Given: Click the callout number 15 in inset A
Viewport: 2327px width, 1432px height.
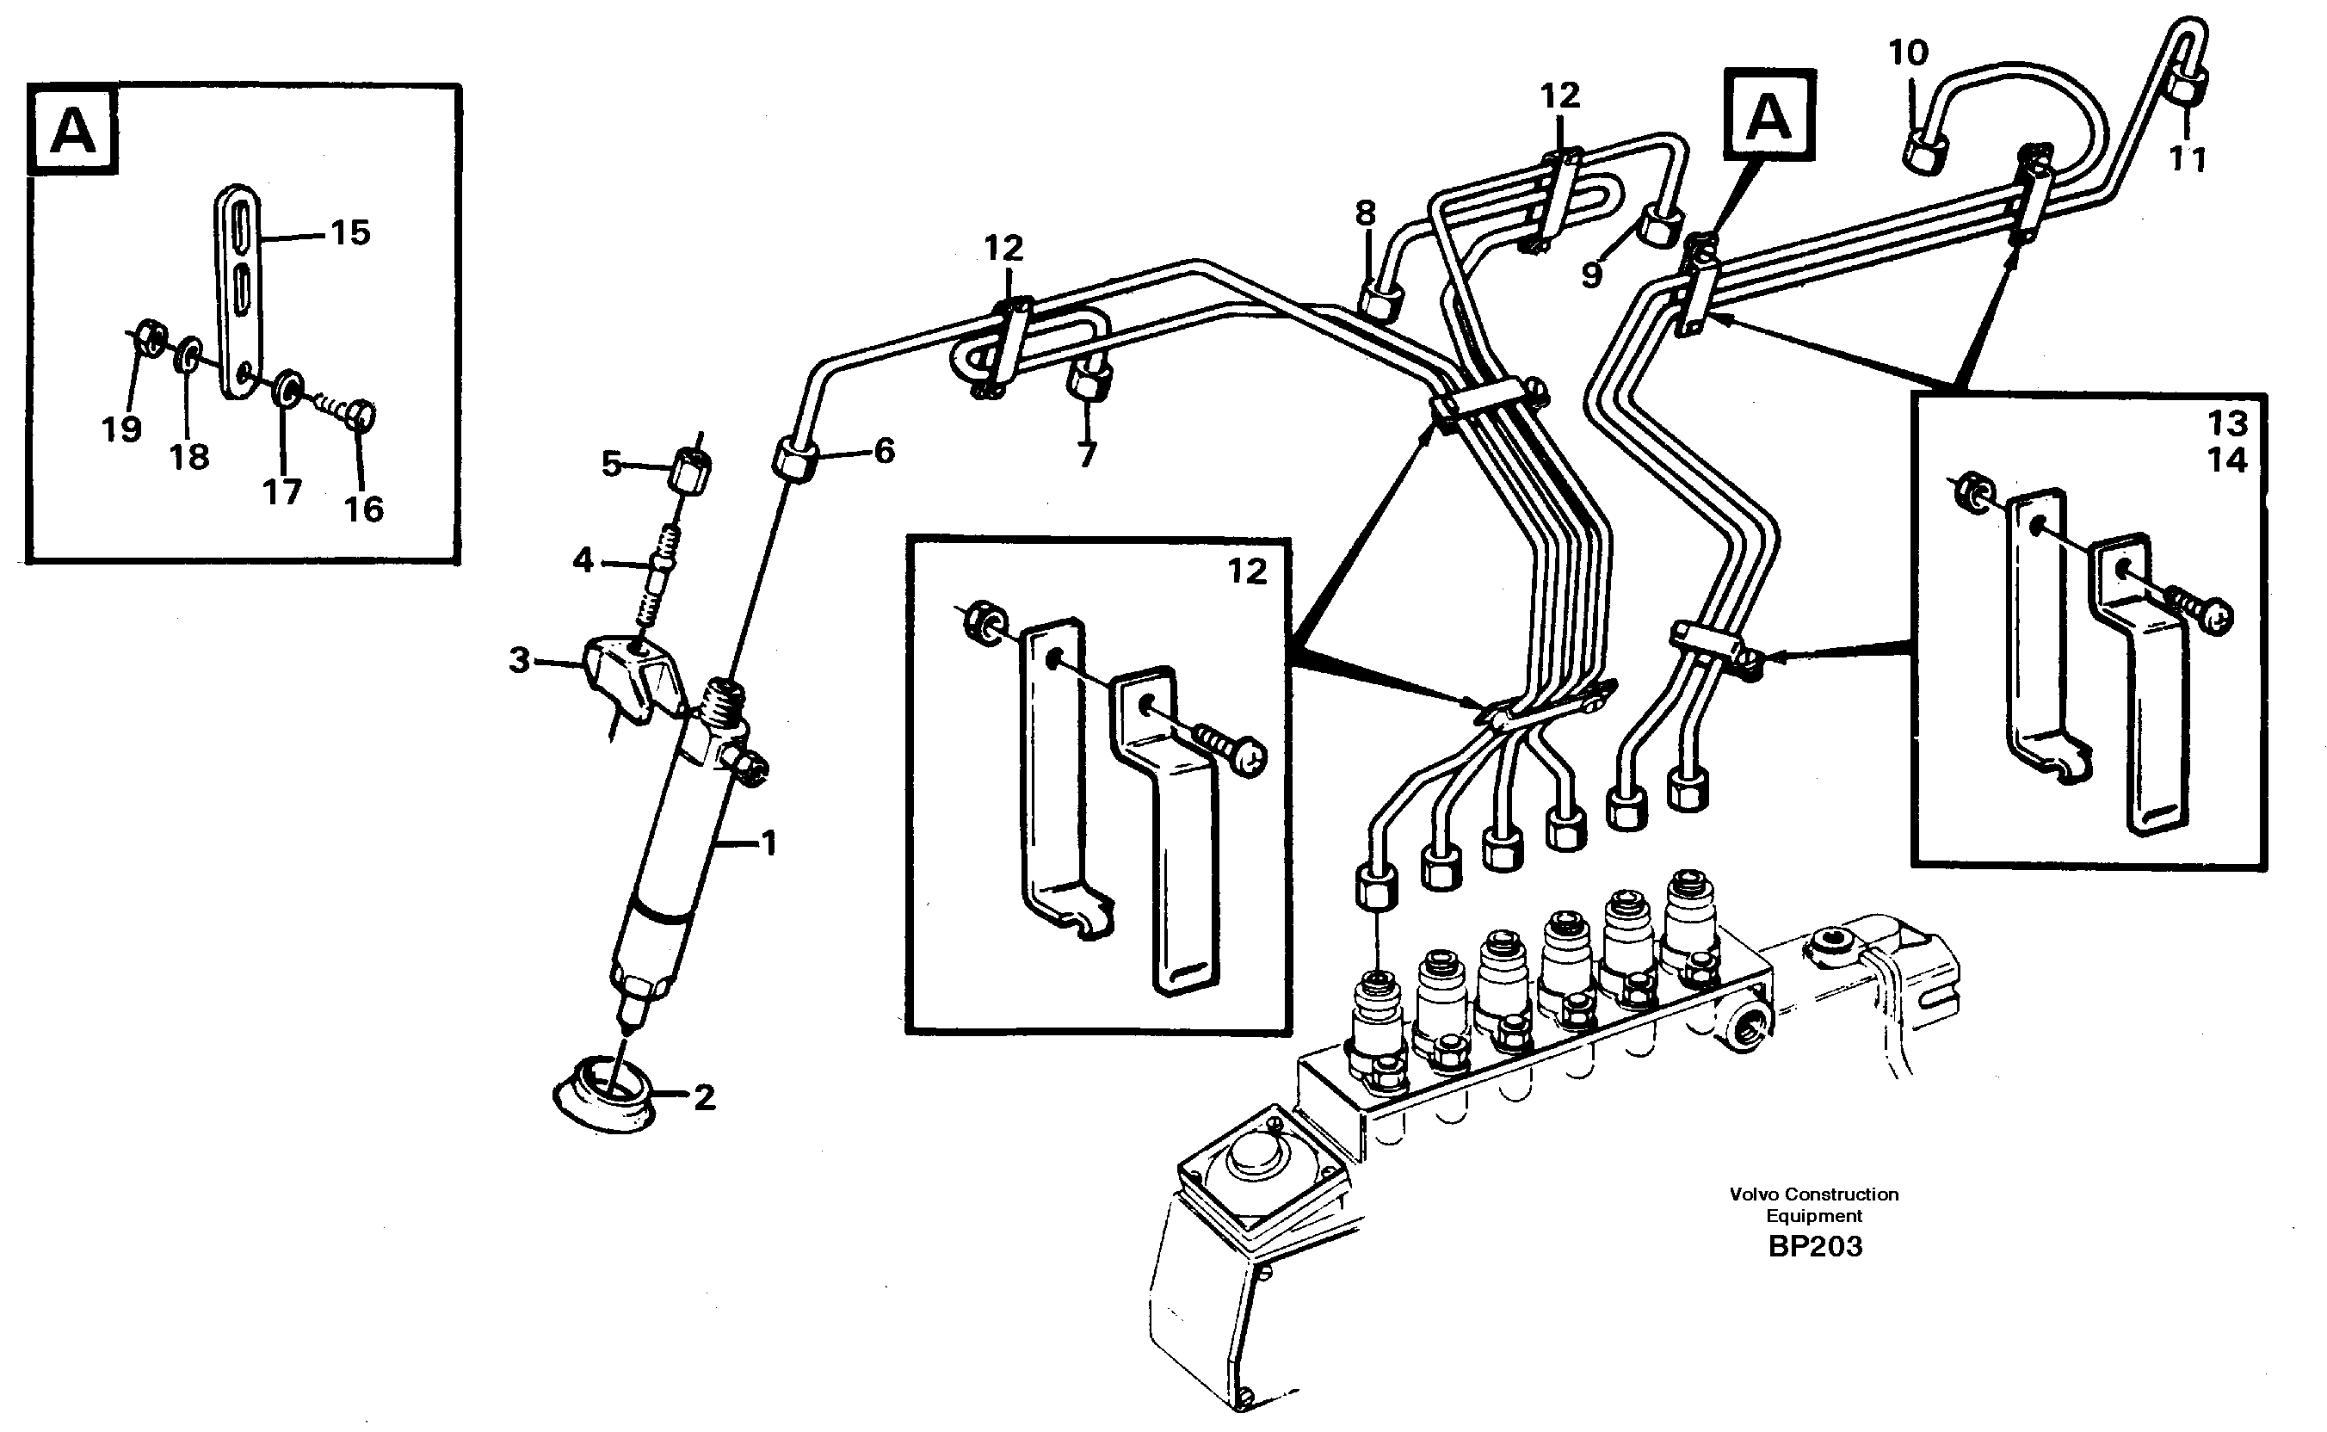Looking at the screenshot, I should pyautogui.click(x=349, y=232).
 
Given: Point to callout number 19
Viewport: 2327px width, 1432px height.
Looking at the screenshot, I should pyautogui.click(x=121, y=430).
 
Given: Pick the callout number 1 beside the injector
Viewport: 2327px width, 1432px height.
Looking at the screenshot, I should pyautogui.click(x=769, y=843).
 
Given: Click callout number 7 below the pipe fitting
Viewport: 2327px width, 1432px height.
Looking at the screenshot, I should pyautogui.click(x=1086, y=454).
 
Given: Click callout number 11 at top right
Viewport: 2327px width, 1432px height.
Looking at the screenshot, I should pyautogui.click(x=2187, y=159).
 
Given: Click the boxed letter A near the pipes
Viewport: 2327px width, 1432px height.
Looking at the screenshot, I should pyautogui.click(x=1769, y=117).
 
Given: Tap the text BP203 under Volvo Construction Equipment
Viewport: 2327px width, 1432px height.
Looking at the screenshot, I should pyautogui.click(x=1815, y=1246).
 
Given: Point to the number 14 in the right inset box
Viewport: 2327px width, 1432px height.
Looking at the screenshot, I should pyautogui.click(x=2226, y=460).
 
